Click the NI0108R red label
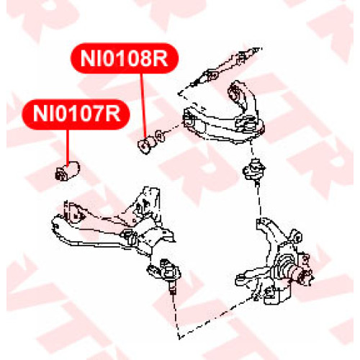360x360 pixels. coord(125,58)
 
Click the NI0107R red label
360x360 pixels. coord(76,114)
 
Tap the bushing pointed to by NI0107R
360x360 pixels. coord(68,171)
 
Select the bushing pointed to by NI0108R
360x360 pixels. coord(147,145)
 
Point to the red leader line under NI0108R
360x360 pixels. coord(143,105)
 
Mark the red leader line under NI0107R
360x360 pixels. coord(68,147)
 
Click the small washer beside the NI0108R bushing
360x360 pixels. coord(159,136)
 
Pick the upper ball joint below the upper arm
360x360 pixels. coord(254,171)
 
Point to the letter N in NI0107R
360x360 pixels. coord(41,114)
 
